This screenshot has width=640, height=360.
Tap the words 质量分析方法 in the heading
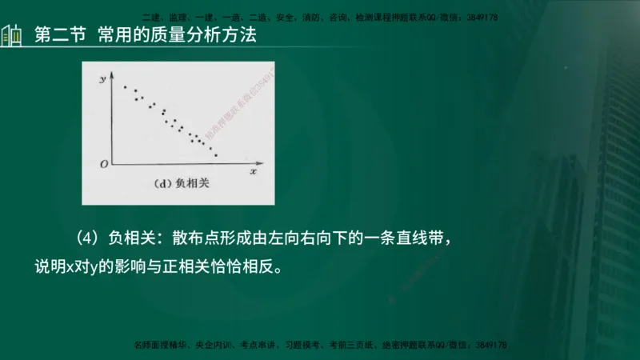click(x=211, y=36)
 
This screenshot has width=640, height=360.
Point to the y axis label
click(x=103, y=80)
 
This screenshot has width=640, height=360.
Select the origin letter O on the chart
click(x=103, y=165)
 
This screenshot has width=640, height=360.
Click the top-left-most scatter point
click(x=125, y=86)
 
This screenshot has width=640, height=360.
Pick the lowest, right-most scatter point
click(x=216, y=154)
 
